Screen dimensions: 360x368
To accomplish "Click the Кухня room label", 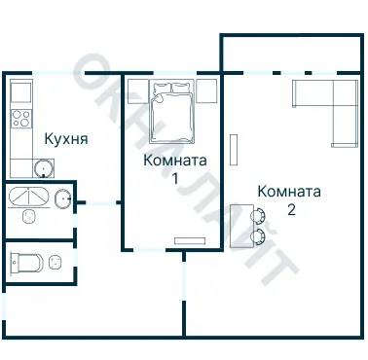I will [x=66, y=139].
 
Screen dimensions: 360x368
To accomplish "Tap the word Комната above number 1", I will [x=174, y=160].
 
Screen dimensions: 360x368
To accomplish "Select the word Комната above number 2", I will [x=289, y=191].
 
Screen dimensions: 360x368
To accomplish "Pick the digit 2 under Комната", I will [x=290, y=209].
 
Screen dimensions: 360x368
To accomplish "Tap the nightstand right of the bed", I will [x=206, y=90].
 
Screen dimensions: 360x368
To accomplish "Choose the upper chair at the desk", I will [x=259, y=217].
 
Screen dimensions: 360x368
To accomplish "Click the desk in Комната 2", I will [x=239, y=226].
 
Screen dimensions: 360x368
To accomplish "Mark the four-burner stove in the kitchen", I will [x=21, y=120].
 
